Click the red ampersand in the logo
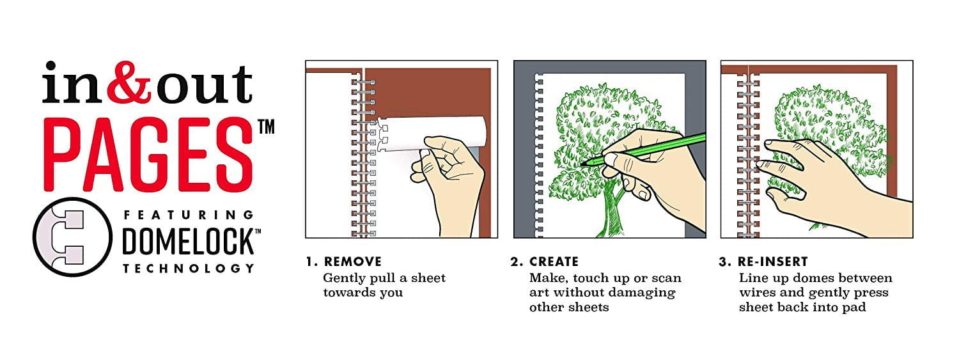pyautogui.click(x=129, y=82)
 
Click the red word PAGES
pyautogui.click(x=148, y=155)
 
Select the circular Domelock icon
pyautogui.click(x=72, y=237)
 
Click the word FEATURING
pyautogui.click(x=189, y=215)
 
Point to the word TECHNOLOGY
pyautogui.click(x=189, y=269)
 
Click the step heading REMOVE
pyautogui.click(x=352, y=262)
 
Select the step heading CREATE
pyautogui.click(x=554, y=262)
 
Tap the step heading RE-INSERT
pyautogui.click(x=772, y=262)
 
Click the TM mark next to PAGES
pyautogui.click(x=267, y=127)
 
